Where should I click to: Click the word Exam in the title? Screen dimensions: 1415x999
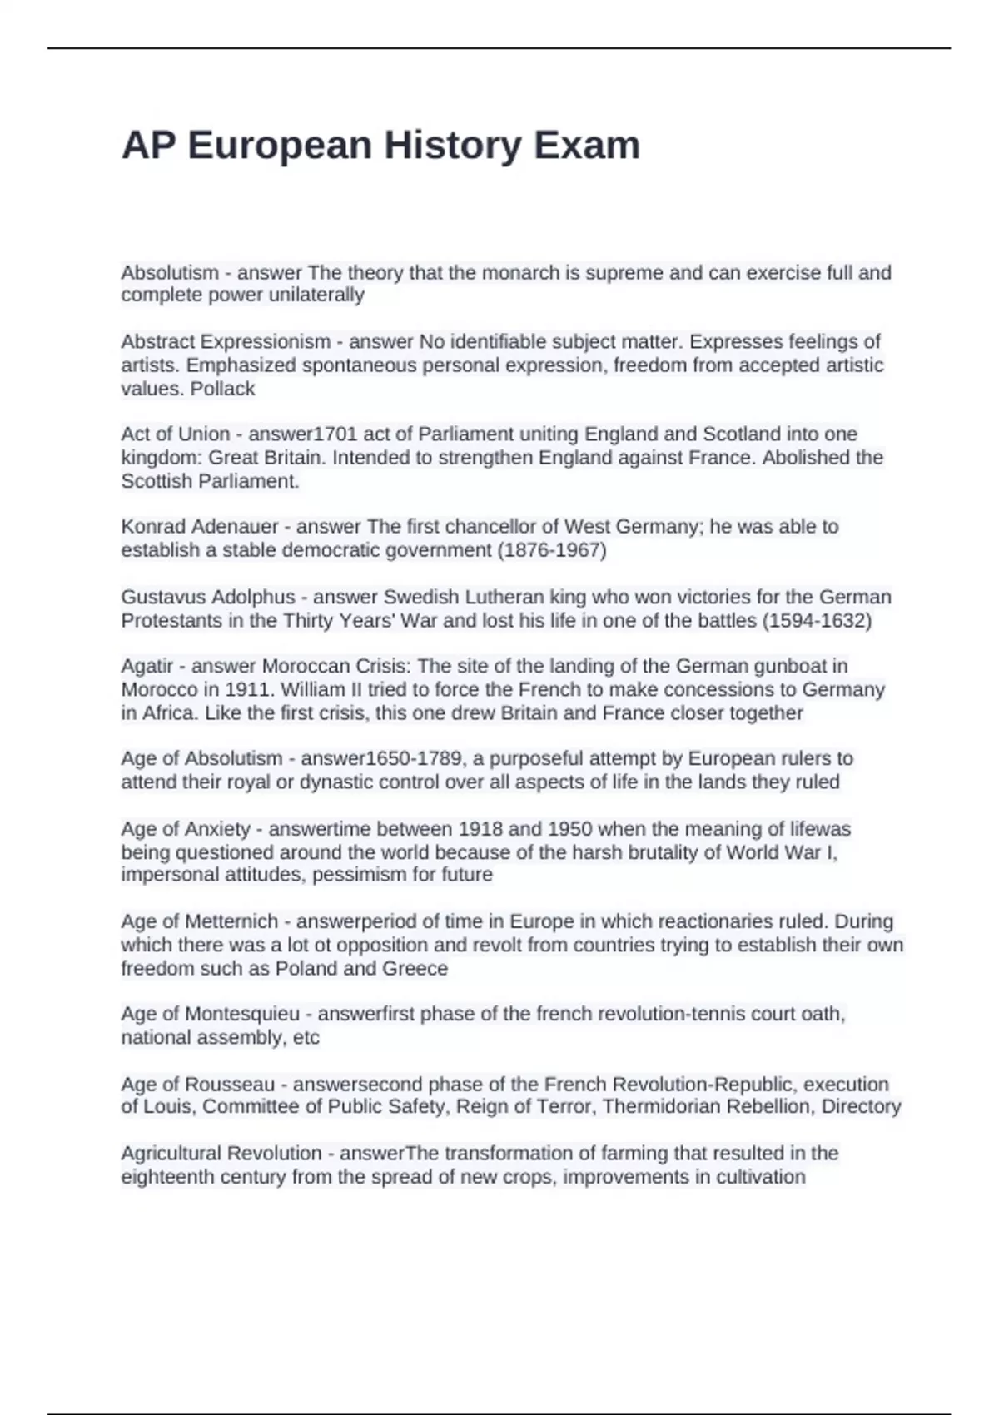587,146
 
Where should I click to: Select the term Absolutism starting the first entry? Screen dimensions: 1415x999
170,273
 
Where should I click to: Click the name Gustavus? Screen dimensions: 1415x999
162,598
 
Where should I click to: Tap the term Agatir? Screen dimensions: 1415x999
147,666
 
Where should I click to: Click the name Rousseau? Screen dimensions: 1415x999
229,1085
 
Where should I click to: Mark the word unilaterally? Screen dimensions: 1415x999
314,295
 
